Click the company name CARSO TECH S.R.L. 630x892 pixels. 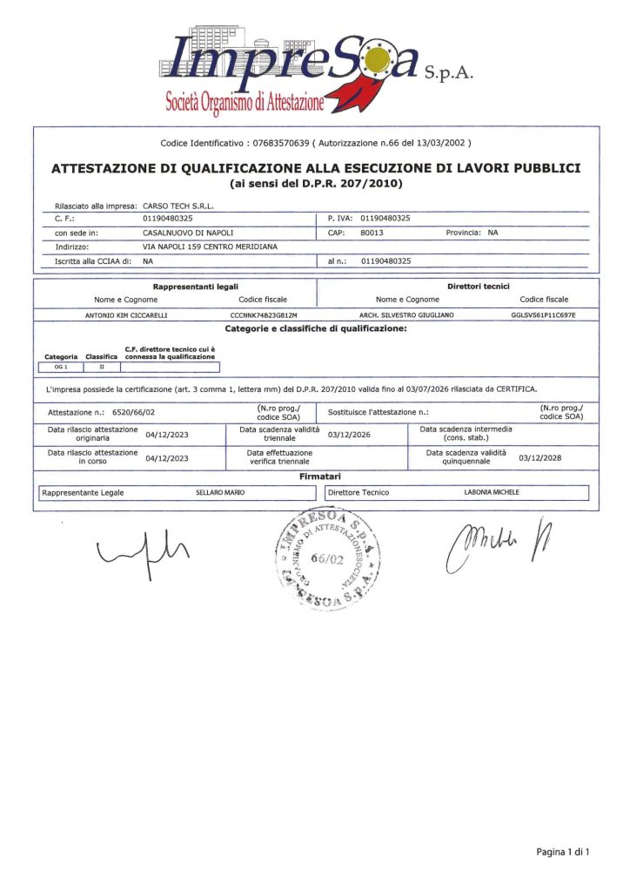point(178,206)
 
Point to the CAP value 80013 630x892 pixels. point(372,233)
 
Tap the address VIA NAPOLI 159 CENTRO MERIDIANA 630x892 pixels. point(210,247)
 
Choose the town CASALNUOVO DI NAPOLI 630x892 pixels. point(188,233)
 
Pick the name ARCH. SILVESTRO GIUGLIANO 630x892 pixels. point(406,314)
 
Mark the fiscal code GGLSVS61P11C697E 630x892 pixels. point(544,314)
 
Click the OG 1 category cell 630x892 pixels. point(61,367)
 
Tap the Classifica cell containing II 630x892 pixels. point(101,367)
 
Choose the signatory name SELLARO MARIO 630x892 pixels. point(219,492)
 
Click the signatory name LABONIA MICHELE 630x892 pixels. point(492,492)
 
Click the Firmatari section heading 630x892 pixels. point(315,477)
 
